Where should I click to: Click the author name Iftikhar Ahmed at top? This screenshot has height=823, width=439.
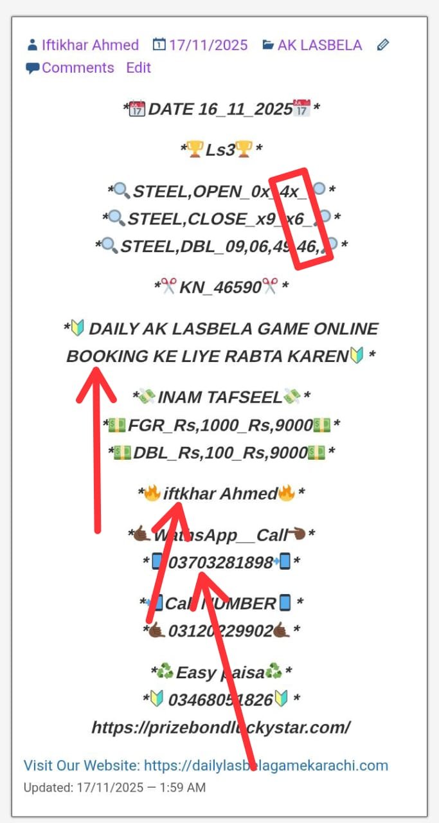coord(90,45)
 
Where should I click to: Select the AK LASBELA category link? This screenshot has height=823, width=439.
coord(319,45)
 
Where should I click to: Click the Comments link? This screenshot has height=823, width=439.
coord(78,68)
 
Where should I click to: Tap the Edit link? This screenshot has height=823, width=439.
coord(138,68)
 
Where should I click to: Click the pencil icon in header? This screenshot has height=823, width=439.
coord(383,45)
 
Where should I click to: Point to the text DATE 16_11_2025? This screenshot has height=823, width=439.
coord(220,109)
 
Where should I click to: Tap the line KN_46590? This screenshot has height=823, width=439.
coord(220,287)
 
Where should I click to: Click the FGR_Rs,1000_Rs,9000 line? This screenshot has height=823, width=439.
coord(220,425)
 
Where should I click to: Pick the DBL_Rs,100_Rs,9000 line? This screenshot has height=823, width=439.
coord(220,453)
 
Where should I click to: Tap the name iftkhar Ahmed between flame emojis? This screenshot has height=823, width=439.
coord(220,494)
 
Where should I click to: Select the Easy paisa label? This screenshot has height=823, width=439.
coord(220,673)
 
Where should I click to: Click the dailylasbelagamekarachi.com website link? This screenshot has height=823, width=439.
coord(265,765)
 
